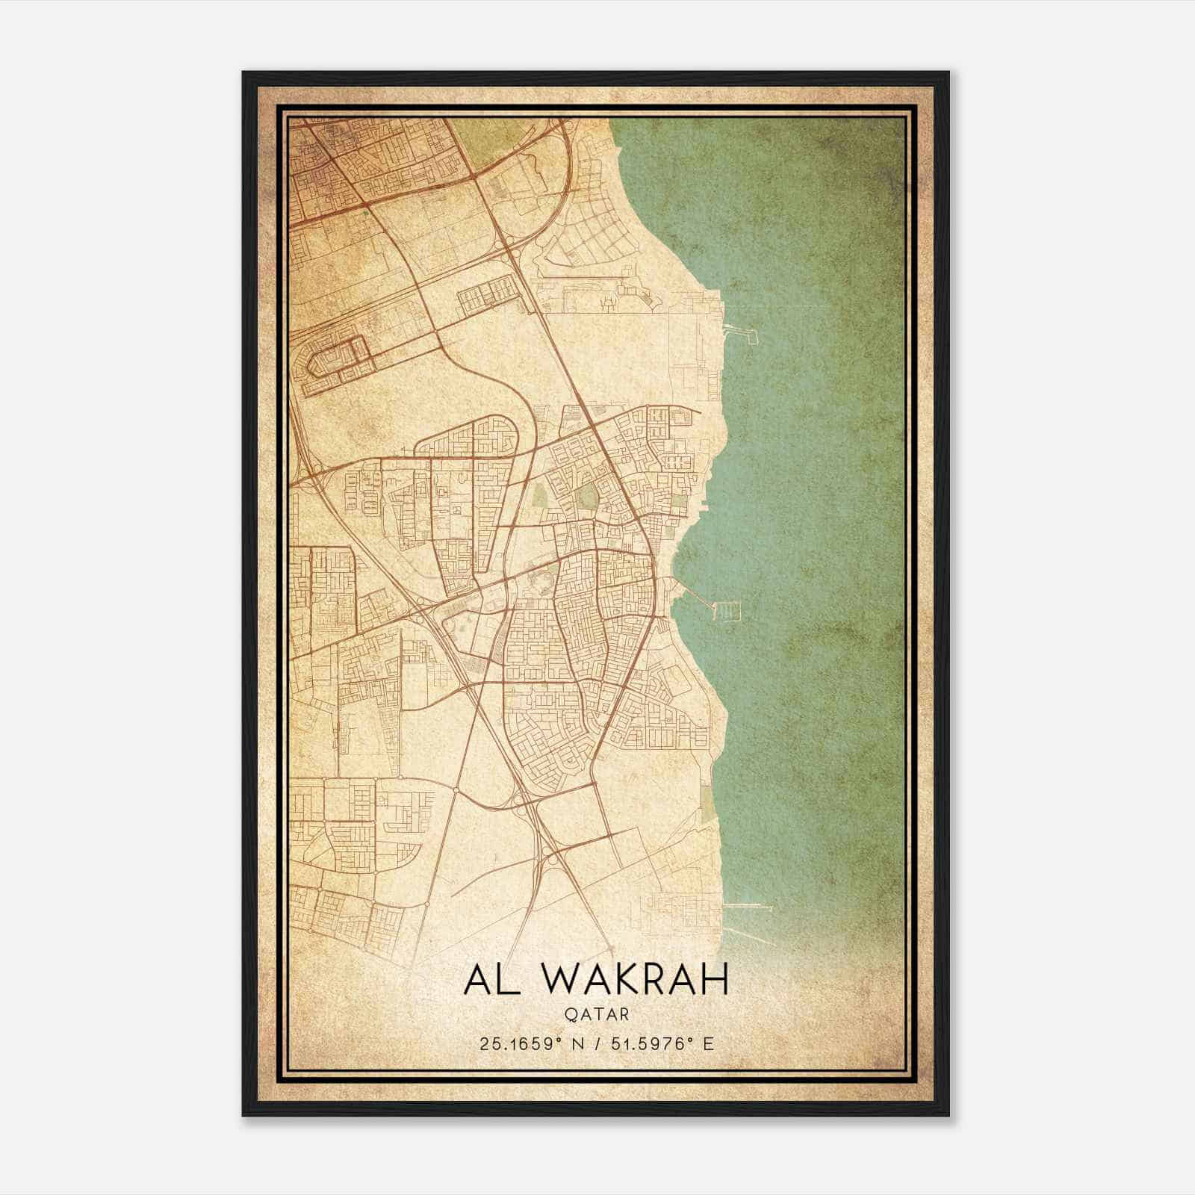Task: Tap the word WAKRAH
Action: click(639, 979)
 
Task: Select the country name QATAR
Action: click(597, 1014)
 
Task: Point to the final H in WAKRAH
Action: click(713, 979)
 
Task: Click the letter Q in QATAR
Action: click(571, 1014)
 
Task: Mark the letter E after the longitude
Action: click(709, 1043)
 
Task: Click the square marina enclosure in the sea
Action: click(727, 612)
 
